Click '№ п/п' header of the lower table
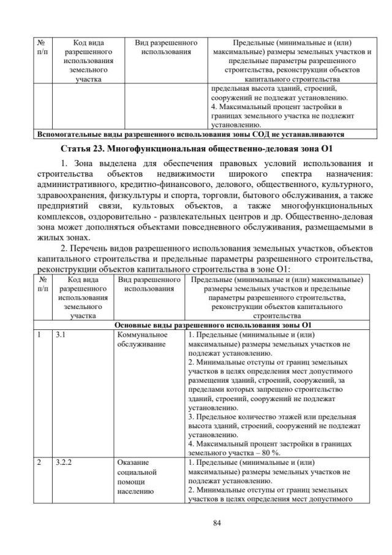pyautogui.click(x=42, y=285)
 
